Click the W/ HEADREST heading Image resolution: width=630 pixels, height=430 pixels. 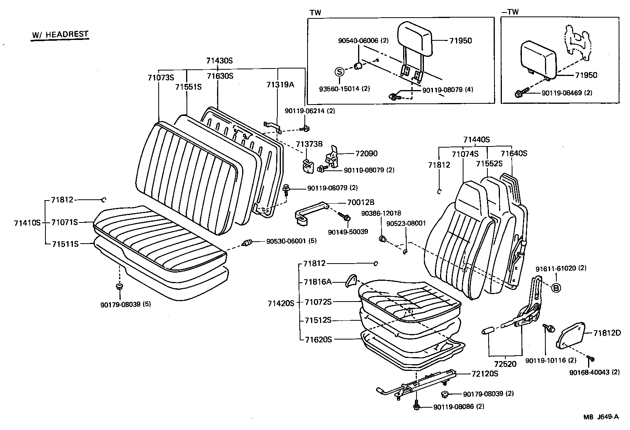(60, 34)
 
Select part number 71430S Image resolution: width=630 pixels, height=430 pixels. (219, 61)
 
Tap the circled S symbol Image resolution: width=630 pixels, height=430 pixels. (339, 72)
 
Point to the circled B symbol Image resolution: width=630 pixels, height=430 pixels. (556, 288)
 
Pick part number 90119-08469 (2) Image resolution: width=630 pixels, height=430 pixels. (567, 93)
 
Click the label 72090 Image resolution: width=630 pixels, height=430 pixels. (367, 154)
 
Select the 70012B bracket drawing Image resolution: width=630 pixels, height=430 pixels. (310, 214)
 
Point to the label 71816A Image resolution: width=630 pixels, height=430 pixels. (318, 282)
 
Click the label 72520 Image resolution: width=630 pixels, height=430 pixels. (505, 364)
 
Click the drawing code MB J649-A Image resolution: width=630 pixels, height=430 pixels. (601, 417)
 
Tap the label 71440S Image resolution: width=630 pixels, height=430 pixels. (476, 139)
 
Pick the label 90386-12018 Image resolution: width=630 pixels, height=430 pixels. (381, 213)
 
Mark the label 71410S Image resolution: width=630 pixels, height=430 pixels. (27, 222)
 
